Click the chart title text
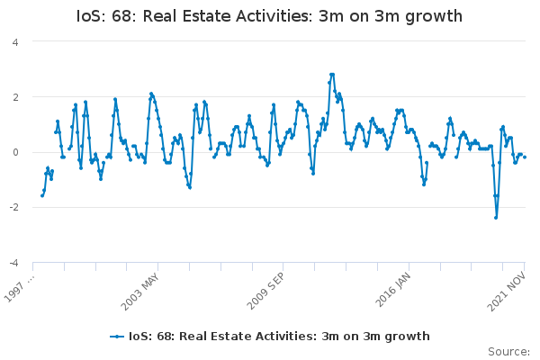point(270,16)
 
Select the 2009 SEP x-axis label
point(267,287)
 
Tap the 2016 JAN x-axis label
point(393,287)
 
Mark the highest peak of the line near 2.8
point(332,75)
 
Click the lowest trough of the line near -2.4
point(496,217)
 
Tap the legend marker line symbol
point(117,337)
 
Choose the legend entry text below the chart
point(279,337)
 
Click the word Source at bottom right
point(508,352)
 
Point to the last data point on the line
point(525,157)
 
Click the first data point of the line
point(42,195)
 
